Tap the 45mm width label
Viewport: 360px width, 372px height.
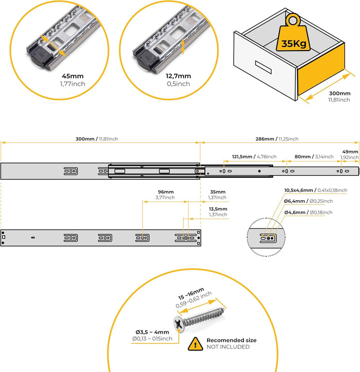tap(72, 76)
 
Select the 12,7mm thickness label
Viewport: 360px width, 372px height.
tap(178, 76)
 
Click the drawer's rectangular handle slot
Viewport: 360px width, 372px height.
tap(263, 68)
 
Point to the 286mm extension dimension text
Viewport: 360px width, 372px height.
tap(277, 139)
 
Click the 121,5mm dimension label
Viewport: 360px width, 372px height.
tap(254, 157)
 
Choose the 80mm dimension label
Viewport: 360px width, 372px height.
tap(314, 157)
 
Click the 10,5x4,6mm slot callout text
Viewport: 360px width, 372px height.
tap(315, 190)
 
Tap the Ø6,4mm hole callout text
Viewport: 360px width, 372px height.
tap(308, 201)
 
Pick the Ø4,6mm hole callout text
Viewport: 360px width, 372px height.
tap(308, 212)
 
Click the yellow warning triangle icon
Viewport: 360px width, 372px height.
tap(195, 344)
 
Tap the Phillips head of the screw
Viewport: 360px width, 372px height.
tap(178, 324)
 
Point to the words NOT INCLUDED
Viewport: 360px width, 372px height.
tap(228, 347)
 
